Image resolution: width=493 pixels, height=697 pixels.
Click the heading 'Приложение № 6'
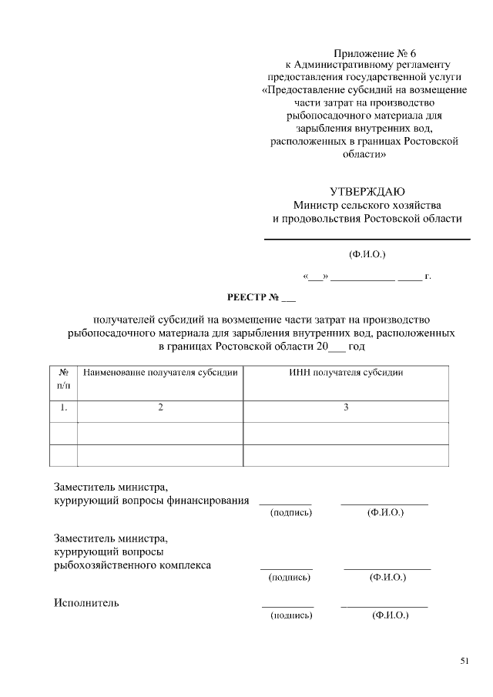367,53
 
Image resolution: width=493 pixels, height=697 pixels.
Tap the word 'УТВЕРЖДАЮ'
367,192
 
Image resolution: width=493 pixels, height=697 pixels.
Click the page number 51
464,660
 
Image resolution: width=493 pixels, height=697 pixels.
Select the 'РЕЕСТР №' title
261,297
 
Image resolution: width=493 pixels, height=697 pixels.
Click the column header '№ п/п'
64,378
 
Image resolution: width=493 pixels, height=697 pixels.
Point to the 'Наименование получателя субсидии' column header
160,372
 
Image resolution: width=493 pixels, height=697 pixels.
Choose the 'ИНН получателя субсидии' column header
346,372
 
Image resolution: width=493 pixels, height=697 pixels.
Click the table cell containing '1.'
64,407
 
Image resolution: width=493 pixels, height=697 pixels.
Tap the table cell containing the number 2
160,407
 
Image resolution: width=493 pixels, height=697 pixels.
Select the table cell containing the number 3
346,407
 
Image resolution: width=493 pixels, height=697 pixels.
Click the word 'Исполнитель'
86,602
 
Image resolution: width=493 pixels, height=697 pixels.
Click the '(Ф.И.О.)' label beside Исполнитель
389,615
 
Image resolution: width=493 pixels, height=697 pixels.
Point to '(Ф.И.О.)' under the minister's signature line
367,253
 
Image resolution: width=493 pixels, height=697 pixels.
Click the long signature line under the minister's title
367,240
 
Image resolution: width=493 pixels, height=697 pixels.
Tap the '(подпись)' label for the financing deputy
290,512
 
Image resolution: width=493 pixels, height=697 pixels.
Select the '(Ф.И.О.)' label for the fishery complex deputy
387,576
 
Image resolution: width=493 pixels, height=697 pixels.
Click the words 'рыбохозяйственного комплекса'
132,565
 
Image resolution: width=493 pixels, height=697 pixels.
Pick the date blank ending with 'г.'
367,275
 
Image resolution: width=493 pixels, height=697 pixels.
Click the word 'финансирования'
208,501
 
